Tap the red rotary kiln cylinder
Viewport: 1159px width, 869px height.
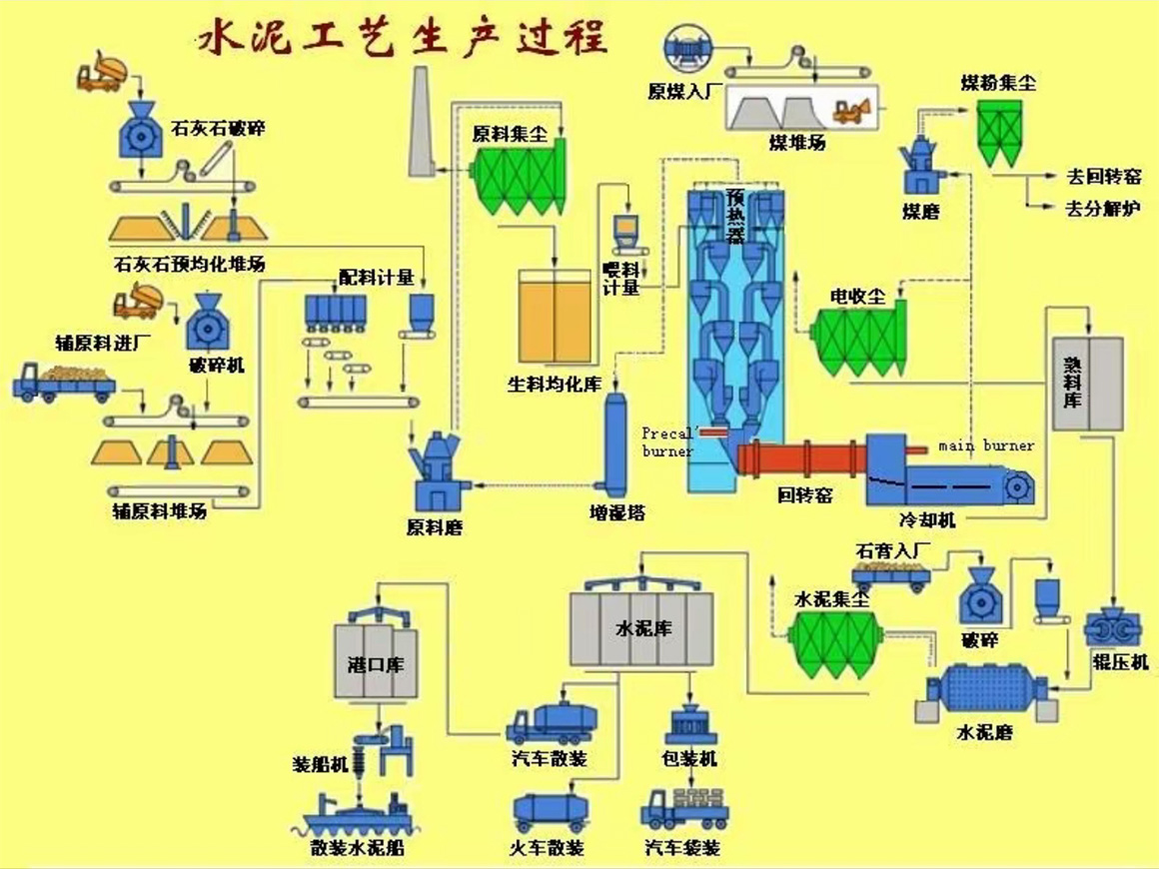798,458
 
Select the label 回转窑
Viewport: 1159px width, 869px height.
804,494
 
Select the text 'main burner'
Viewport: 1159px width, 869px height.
986,445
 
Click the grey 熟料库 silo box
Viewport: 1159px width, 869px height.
1088,384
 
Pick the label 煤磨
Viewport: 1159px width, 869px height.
920,211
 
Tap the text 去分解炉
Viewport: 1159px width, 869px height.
1103,208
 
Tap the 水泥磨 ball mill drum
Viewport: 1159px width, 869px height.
984,690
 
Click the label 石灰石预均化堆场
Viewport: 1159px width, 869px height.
190,264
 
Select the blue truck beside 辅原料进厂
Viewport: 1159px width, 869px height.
63,382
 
